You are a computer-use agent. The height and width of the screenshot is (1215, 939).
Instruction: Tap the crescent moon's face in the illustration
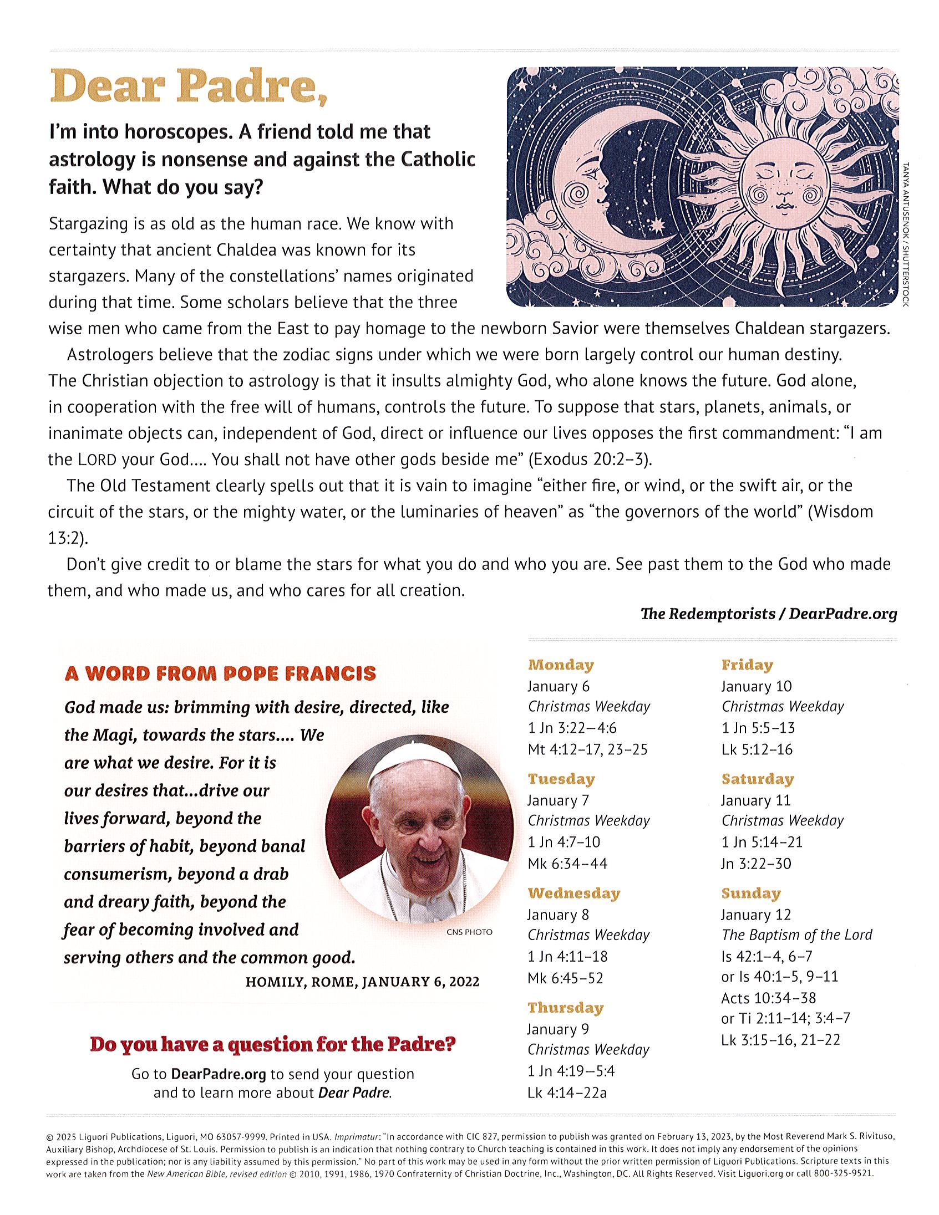[x=590, y=183]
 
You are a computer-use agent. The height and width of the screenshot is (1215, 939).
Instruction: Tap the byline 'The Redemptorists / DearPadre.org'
[x=769, y=614]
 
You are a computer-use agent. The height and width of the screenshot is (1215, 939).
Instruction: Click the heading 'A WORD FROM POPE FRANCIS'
[x=220, y=673]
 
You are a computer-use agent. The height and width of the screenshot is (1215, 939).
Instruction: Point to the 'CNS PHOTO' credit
[x=469, y=932]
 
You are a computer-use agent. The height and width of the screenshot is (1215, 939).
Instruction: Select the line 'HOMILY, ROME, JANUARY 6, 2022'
[x=362, y=982]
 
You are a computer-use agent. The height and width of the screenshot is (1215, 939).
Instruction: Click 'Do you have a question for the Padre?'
[x=273, y=1044]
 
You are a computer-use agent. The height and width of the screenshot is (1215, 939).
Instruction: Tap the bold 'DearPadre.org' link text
[x=218, y=1074]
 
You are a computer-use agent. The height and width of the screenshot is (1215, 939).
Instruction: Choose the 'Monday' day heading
[x=561, y=665]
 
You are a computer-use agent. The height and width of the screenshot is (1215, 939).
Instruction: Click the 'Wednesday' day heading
[x=573, y=894]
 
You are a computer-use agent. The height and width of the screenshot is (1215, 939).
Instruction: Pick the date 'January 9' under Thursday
[x=558, y=1029]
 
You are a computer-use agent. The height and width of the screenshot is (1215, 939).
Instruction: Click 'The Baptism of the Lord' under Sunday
[x=796, y=935]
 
